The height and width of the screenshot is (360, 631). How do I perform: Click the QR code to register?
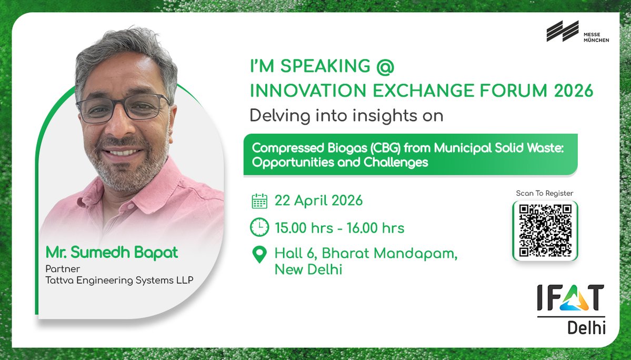tap(545, 230)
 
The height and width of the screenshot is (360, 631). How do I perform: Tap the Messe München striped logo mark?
tap(562, 31)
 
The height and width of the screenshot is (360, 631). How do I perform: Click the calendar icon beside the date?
tap(259, 201)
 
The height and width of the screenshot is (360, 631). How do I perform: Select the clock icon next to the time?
tap(259, 227)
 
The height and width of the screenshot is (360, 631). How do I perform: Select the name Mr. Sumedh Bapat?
tap(111, 253)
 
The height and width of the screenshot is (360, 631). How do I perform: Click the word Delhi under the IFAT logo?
tap(586, 328)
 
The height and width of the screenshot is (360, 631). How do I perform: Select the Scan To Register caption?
tap(545, 193)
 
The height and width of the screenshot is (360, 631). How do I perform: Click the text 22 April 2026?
tap(318, 201)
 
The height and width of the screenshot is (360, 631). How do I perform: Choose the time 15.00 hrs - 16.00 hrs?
tap(339, 228)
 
